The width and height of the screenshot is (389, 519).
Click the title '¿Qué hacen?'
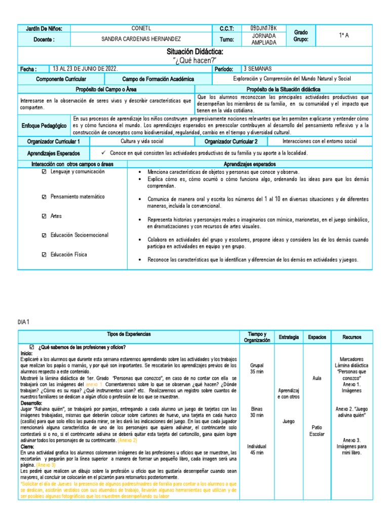pyautogui.click(x=194, y=60)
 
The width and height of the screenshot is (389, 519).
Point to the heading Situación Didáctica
pyautogui.click(x=194, y=52)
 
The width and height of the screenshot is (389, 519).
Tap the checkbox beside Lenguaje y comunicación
pyautogui.click(x=44, y=172)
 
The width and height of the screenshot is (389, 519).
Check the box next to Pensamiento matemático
pyautogui.click(x=44, y=197)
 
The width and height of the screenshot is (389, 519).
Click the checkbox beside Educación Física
pyautogui.click(x=44, y=254)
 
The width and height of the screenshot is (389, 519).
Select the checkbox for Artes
pyautogui.click(x=44, y=216)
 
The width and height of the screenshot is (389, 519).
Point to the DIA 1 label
pyautogui.click(x=24, y=322)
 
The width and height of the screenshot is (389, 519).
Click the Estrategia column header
pyautogui.click(x=288, y=337)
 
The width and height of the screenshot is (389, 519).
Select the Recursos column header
pyautogui.click(x=352, y=337)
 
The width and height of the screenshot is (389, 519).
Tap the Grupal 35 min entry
pyautogui.click(x=256, y=367)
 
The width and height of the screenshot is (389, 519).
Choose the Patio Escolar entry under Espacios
pyautogui.click(x=317, y=430)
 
